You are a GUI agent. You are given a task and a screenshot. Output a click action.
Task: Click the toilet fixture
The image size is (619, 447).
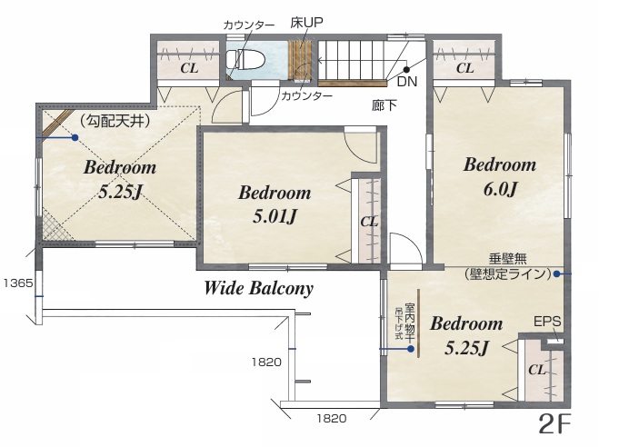pyautogui.click(x=245, y=60)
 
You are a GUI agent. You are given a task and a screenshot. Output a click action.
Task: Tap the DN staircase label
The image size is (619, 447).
pyautogui.click(x=406, y=81)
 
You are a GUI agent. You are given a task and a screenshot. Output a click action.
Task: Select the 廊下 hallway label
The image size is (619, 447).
pyautogui.click(x=384, y=105)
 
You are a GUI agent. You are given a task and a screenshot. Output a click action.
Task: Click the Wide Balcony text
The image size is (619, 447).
pyautogui.click(x=258, y=288)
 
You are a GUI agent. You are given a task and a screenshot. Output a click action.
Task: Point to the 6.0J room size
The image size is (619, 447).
pyautogui.click(x=500, y=189)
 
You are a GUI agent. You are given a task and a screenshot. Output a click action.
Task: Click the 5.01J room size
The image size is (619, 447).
pyautogui.click(x=275, y=216)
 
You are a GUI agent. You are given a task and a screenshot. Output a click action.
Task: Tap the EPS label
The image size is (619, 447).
pyautogui.click(x=547, y=322)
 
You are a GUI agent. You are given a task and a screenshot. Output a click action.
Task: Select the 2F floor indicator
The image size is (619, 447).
pyautogui.click(x=554, y=424)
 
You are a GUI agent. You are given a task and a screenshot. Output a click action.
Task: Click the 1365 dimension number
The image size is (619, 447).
pyautogui.click(x=18, y=283)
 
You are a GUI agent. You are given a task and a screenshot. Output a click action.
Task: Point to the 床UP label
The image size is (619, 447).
pyautogui.click(x=306, y=23)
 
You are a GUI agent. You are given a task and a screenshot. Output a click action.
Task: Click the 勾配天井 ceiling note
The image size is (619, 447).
pyautogui.click(x=115, y=121)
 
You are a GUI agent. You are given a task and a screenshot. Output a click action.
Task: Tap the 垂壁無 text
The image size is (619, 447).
pyautogui.click(x=508, y=259)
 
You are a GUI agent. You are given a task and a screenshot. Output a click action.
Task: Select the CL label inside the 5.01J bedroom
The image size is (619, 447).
pyautogui.click(x=369, y=222)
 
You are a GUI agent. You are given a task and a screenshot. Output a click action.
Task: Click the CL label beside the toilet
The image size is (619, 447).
pyautogui.click(x=189, y=68)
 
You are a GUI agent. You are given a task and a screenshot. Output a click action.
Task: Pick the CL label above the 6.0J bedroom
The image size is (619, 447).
pyautogui.click(x=465, y=68)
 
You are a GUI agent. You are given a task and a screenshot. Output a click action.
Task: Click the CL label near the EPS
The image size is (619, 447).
pyautogui.click(x=537, y=370)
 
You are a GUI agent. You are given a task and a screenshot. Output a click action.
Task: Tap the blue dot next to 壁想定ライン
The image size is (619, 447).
pyautogui.click(x=556, y=273)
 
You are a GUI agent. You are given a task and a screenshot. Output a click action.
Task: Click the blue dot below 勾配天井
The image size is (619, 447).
pyautogui.click(x=75, y=138)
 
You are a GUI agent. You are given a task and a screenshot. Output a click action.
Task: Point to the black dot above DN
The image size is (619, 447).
pyautogui.click(x=406, y=69)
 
